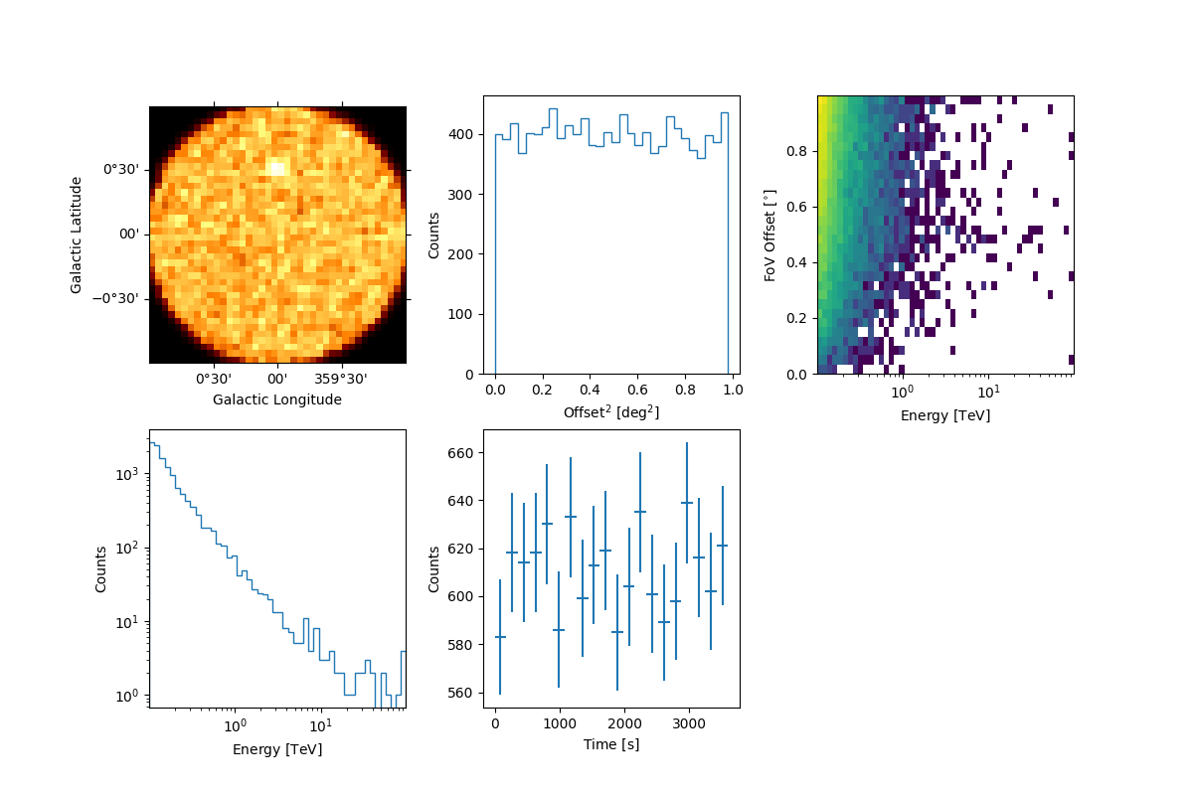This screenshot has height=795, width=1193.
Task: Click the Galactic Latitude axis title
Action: pos(77,235)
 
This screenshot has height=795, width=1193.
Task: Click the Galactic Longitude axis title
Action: pos(277,399)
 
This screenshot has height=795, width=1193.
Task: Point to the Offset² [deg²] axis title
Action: pos(611,411)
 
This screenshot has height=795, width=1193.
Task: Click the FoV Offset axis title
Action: pos(769,235)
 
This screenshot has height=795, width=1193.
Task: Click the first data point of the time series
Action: pos(500,637)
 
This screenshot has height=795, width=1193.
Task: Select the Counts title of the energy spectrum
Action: pos(101,569)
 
